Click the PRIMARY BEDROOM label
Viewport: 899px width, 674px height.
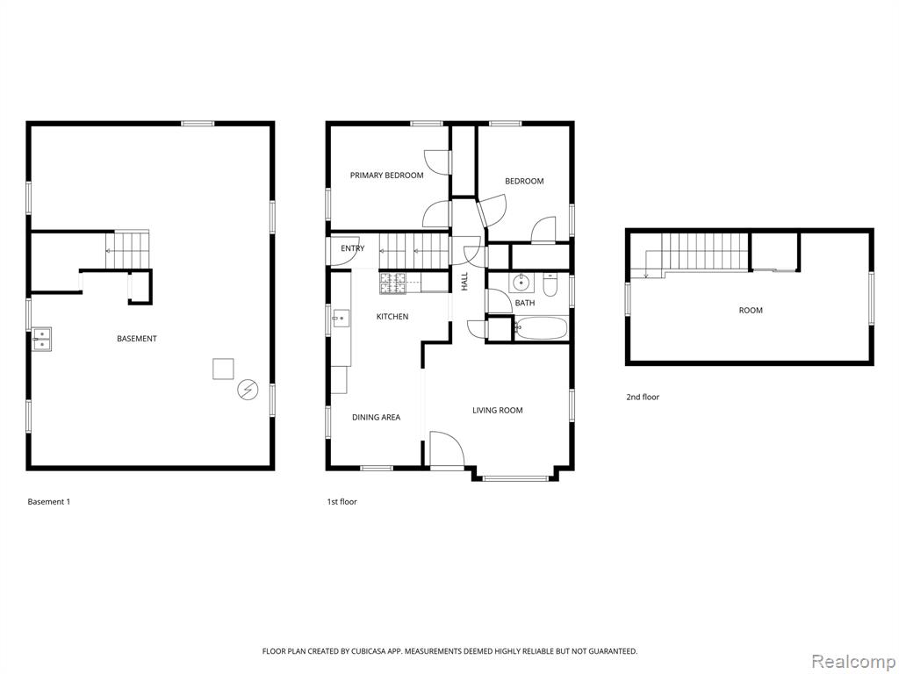387,176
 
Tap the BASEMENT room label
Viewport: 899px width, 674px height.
136,339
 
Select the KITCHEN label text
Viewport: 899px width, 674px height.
392,316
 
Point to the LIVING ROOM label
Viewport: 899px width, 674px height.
497,411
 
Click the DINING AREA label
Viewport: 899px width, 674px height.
376,417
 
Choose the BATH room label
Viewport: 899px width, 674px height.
525,303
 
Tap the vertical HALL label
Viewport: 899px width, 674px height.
464,281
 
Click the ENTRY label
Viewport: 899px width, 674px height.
353,248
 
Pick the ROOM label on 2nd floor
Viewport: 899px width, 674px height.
751,310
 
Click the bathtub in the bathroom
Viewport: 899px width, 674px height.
541,329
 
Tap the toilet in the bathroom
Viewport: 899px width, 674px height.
550,285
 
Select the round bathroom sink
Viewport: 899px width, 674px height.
521,283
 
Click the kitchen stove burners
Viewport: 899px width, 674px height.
392,281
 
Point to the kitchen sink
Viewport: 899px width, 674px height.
341,318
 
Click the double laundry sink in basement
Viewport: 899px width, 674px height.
42,339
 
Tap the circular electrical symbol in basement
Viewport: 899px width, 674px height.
248,391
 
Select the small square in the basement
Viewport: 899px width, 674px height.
223,369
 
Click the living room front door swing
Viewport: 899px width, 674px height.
447,450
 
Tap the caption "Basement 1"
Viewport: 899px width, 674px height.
49,501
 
